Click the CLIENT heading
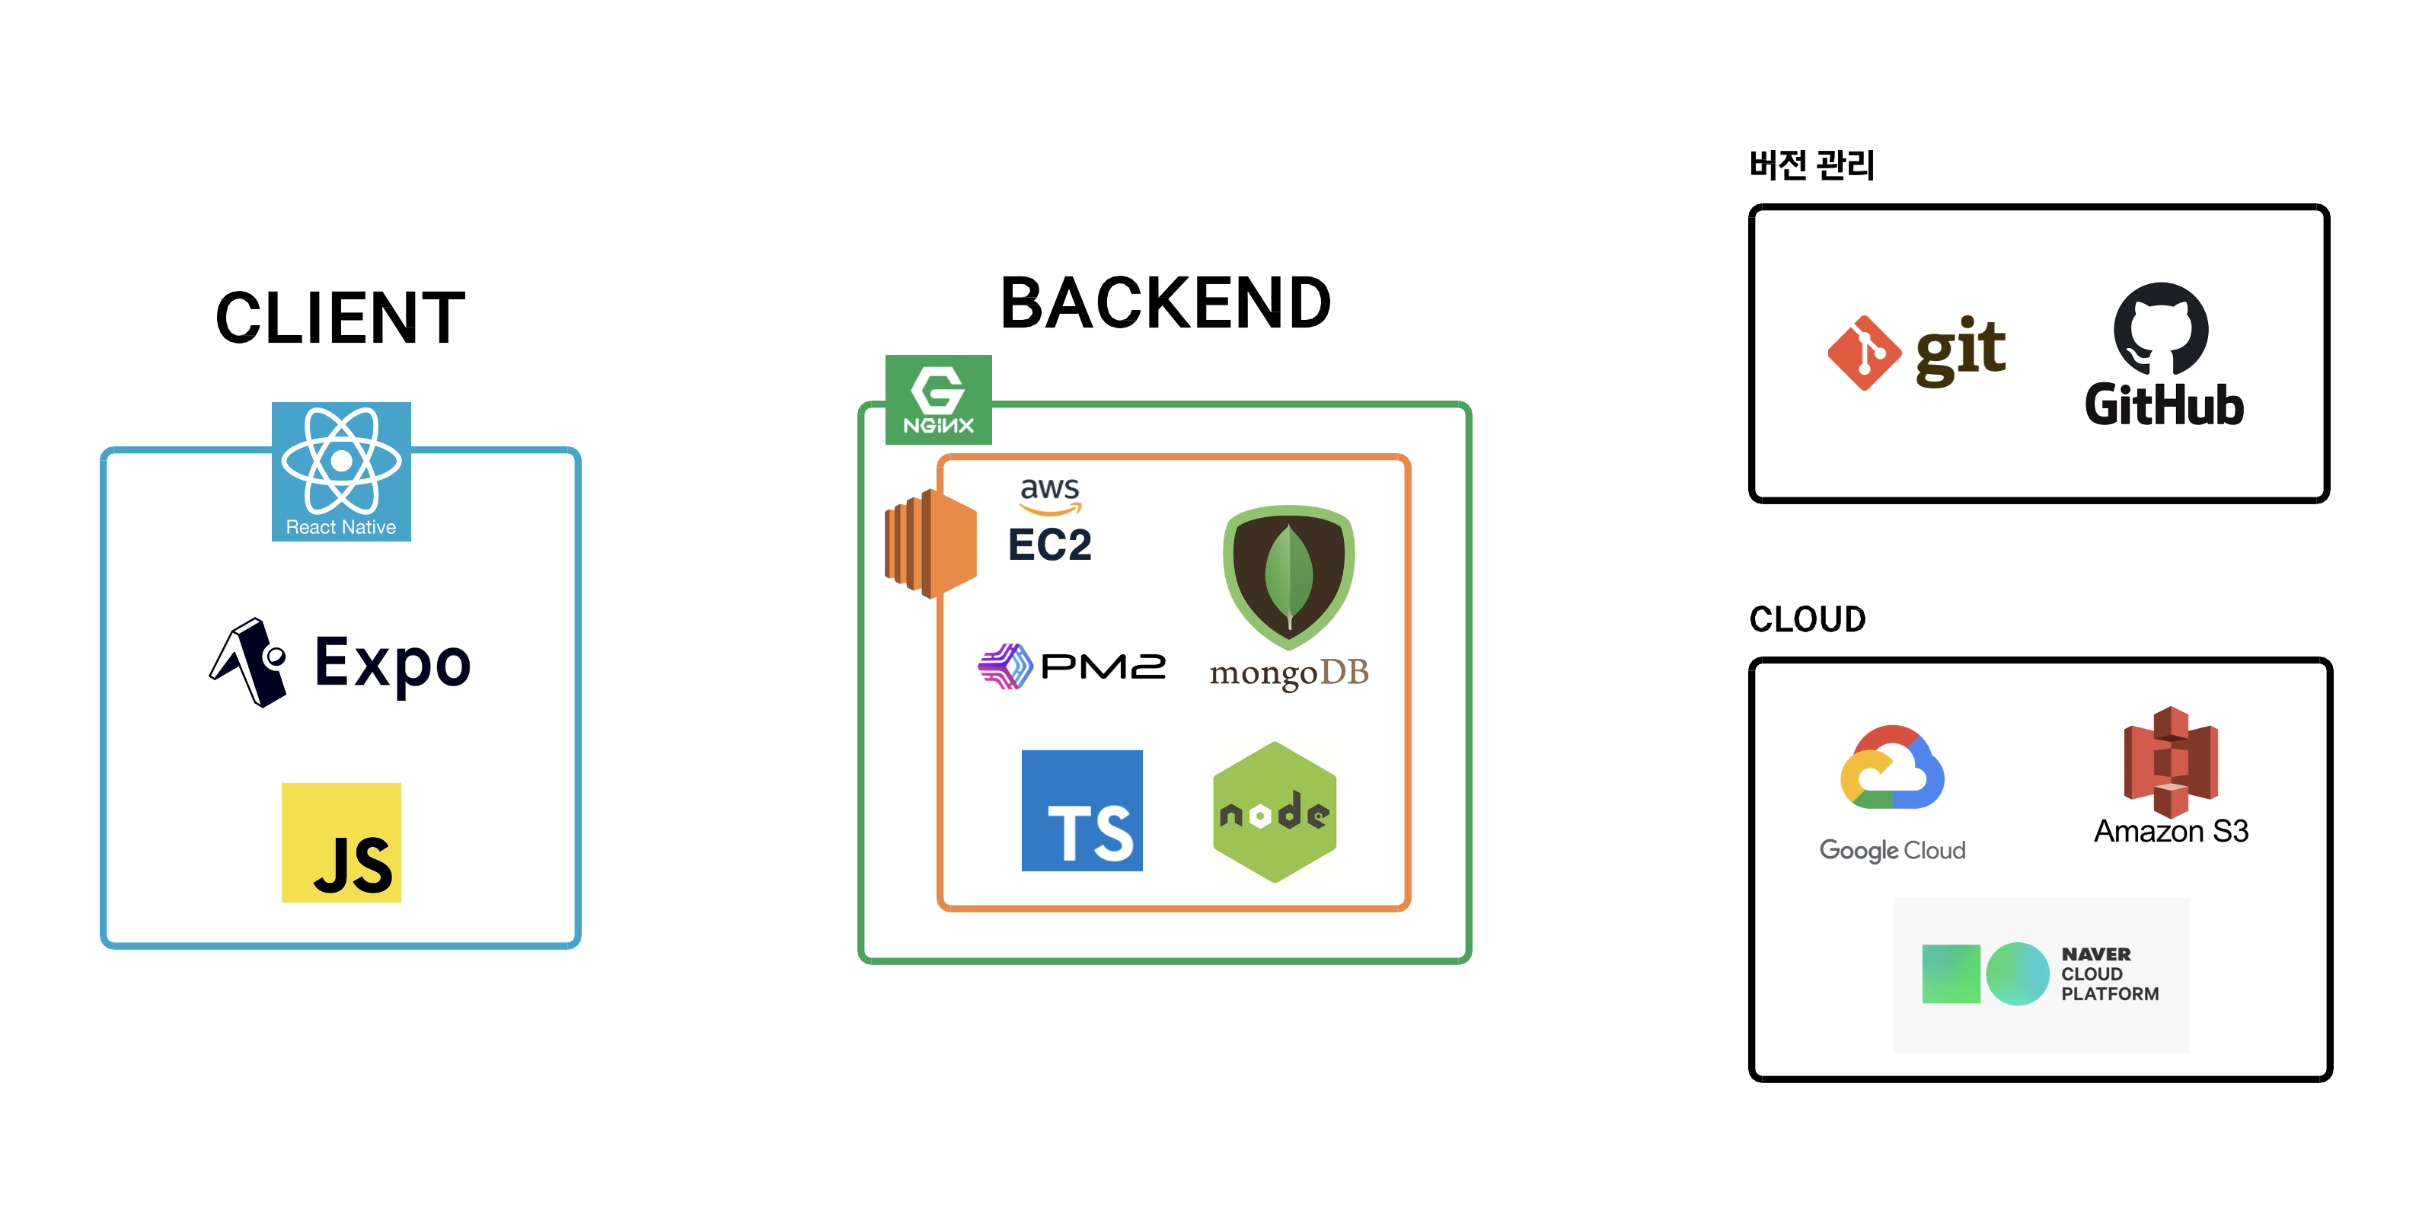click(340, 318)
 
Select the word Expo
click(392, 663)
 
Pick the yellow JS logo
click(341, 842)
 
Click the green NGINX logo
click(938, 399)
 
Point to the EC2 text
click(1049, 545)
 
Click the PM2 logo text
click(1103, 666)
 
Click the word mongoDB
click(1288, 673)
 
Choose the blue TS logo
click(1081, 810)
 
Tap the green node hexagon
click(1274, 812)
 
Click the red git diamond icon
click(1863, 353)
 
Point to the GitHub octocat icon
click(2161, 329)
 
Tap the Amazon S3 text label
click(2170, 831)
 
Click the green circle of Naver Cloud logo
click(2017, 973)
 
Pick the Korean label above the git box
click(1811, 165)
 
